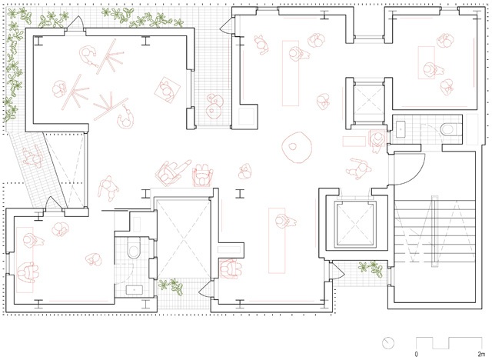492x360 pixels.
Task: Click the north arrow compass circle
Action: click(x=388, y=343)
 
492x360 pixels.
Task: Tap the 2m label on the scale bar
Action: click(x=481, y=354)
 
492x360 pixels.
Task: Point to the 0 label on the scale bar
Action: click(x=417, y=354)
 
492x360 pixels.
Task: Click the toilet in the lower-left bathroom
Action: click(x=134, y=248)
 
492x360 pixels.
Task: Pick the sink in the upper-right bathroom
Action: click(x=401, y=129)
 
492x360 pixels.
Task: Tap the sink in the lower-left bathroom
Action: click(x=135, y=290)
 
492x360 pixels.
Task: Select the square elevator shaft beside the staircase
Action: click(x=355, y=224)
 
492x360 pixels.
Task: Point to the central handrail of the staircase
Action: click(x=434, y=231)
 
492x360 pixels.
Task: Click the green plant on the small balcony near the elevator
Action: click(x=371, y=268)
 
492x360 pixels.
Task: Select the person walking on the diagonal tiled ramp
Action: click(x=32, y=156)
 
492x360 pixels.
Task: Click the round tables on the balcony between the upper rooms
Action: click(x=215, y=105)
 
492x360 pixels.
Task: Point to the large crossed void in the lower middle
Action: click(x=183, y=238)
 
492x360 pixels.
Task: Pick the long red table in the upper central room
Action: click(x=291, y=73)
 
